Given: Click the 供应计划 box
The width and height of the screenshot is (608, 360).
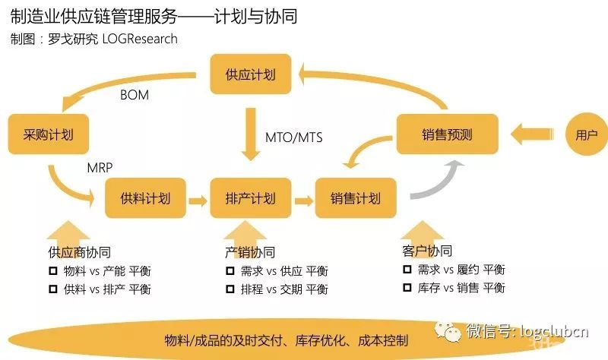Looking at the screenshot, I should pos(250,74).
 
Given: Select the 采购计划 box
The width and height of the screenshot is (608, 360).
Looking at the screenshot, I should pos(47,135).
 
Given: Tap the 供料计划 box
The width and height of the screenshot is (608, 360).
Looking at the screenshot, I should pos(145,199).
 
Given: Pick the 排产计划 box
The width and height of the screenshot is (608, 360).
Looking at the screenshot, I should pos(250,199).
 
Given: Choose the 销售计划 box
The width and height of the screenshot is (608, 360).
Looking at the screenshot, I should pos(355,199).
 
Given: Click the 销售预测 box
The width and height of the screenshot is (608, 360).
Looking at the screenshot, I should pos(447,135).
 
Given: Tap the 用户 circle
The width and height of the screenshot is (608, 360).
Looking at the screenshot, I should pos(586,135).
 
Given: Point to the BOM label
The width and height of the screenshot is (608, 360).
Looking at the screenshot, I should pos(135,96).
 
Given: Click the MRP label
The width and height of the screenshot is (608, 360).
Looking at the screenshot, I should pos(100,166).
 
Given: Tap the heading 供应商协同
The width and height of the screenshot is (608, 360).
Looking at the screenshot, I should pos(79,252).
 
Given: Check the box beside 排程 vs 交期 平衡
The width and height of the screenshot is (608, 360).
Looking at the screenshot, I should pos(230,289).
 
